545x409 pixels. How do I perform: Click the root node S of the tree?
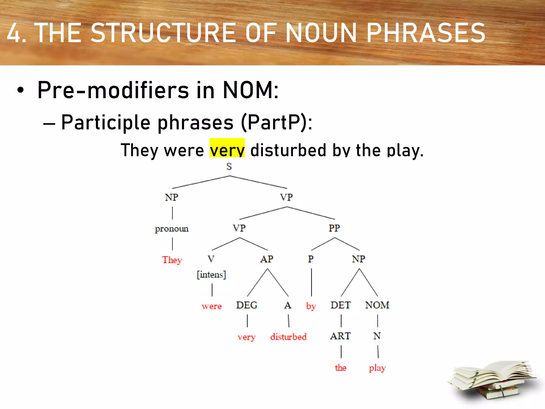pyautogui.click(x=229, y=167)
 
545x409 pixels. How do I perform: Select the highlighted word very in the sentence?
pyautogui.click(x=227, y=150)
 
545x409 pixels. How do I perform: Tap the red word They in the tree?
pyautogui.click(x=172, y=260)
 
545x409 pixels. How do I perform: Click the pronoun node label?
pyautogui.click(x=172, y=229)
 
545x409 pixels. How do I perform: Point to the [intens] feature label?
pyautogui.click(x=211, y=275)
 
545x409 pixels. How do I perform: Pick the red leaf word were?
pyautogui.click(x=212, y=306)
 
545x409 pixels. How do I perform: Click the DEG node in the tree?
pyautogui.click(x=247, y=305)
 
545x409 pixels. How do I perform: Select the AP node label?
pyautogui.click(x=267, y=259)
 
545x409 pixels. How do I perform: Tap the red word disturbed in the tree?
pyautogui.click(x=288, y=337)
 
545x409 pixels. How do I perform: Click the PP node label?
pyautogui.click(x=334, y=228)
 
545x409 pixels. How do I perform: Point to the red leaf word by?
pyautogui.click(x=311, y=306)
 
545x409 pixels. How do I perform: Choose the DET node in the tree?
pyautogui.click(x=341, y=305)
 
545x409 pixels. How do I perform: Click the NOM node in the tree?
pyautogui.click(x=377, y=305)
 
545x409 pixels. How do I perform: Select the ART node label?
pyautogui.click(x=341, y=336)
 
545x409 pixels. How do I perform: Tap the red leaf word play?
pyautogui.click(x=377, y=368)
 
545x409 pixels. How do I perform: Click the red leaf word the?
pyautogui.click(x=341, y=368)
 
